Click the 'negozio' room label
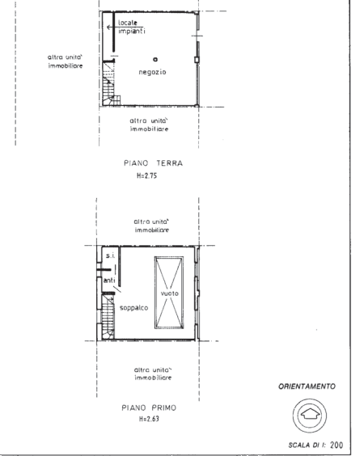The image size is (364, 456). tap(152, 72)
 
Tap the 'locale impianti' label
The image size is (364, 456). tap(132, 27)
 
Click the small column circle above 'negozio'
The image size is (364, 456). tap(155, 59)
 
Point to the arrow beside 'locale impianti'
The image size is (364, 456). tap(112, 27)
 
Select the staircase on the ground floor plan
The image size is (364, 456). tap(111, 84)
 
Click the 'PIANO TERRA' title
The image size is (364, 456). tap(154, 163)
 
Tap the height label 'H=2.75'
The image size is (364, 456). tap(146, 175)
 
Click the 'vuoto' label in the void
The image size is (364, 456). tap(169, 293)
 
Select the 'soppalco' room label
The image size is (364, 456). tap(133, 308)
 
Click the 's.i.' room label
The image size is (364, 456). tap(110, 256)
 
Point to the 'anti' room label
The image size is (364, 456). tap(109, 281)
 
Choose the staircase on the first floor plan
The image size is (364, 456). tap(108, 317)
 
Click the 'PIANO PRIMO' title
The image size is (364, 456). tap(149, 407)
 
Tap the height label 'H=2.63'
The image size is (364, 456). tap(149, 419)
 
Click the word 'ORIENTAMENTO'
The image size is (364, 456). tap(307, 386)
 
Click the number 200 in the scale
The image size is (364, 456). tap(336, 445)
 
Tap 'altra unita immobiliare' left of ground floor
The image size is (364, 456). tap(66, 61)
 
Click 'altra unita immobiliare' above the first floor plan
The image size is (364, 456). tap(151, 226)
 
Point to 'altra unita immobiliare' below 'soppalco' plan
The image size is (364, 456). tap(153, 374)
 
